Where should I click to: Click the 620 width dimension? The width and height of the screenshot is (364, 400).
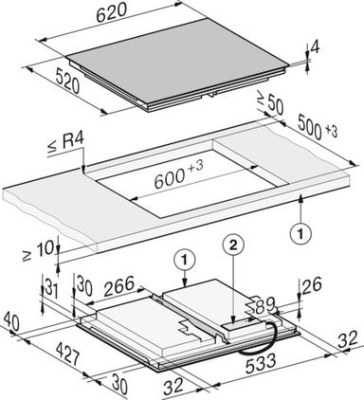coord(112,13)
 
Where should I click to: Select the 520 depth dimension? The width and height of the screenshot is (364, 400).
coord(66,82)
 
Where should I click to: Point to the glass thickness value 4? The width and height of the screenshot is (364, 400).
coord(315,46)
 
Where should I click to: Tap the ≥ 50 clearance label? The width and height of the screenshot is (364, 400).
coord(269,103)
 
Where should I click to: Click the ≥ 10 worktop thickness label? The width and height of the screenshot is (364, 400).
coord(38,251)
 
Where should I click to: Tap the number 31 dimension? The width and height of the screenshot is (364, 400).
coord(51,288)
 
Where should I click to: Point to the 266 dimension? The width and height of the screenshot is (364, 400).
coord(119,286)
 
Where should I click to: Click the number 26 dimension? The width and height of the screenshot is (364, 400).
coord(312,285)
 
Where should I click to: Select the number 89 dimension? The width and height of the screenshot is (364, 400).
coord(264,305)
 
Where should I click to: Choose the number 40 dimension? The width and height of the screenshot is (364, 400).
coord(10,320)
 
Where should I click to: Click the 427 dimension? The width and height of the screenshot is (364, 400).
coord(67,354)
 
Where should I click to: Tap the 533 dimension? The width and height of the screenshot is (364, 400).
coord(261,363)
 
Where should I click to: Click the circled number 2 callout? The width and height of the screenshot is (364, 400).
coord(233,246)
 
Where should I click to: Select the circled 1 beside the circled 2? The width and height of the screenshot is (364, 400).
coord(185,260)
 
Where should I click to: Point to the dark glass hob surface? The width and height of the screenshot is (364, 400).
coord(178,62)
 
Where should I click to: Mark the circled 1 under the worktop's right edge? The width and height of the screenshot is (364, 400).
coord(300,234)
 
